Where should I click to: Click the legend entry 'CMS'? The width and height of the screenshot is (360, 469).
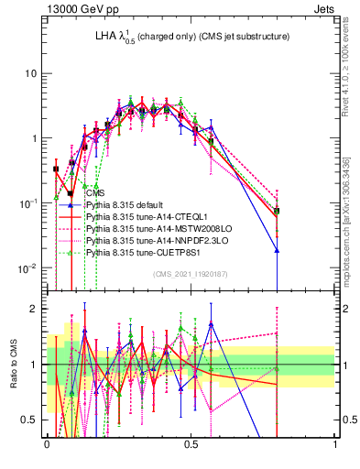click(95, 193)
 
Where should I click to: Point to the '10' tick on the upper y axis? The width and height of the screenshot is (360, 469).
click(30, 73)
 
